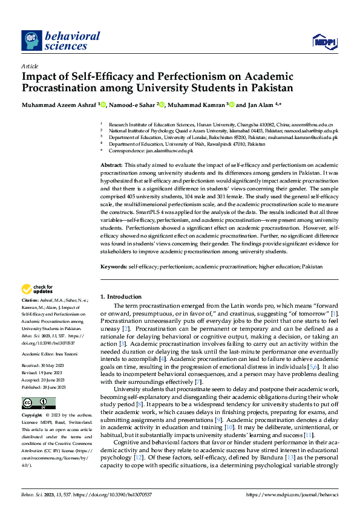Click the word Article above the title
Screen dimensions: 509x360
click(x=30, y=66)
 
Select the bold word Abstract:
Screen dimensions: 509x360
click(x=112, y=165)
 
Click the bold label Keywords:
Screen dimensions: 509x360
click(x=114, y=267)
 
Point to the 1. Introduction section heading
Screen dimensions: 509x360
click(x=121, y=297)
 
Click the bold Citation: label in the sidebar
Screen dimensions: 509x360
click(x=30, y=300)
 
